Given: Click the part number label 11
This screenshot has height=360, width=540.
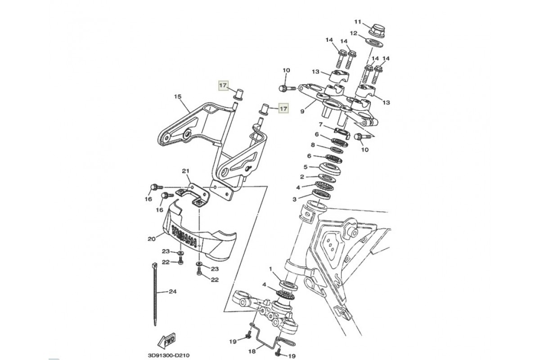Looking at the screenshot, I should click(358, 22).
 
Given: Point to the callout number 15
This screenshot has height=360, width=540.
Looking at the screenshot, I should click(177, 96).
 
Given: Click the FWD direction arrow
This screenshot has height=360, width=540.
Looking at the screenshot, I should click(165, 339).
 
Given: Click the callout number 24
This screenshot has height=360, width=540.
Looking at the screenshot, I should click(172, 292).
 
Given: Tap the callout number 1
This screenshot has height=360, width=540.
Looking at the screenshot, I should click(271, 269).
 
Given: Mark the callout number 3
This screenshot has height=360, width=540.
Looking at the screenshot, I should click(295, 198).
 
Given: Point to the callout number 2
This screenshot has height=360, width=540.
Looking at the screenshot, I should click(302, 177).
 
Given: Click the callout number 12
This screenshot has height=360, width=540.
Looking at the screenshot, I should click(353, 33).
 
